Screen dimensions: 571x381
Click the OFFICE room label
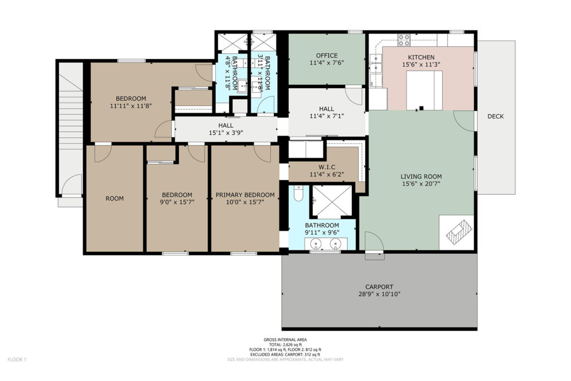coord(327,56)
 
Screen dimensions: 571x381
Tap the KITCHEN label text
coord(421,57)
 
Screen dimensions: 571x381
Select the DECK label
coord(496,116)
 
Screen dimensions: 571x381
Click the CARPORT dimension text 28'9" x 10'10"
coord(379,294)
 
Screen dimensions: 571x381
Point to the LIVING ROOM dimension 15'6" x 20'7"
coord(421,184)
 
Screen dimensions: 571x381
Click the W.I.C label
coord(327,167)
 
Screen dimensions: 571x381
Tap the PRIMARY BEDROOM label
coord(245,195)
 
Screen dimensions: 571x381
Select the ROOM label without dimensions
coord(114,199)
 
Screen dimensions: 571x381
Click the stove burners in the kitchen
coord(404,40)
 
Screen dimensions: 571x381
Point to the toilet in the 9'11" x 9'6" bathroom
coord(299,194)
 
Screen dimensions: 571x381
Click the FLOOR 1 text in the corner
coord(17,360)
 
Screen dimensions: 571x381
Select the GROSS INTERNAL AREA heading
coord(285,340)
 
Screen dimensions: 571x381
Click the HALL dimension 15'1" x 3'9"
coord(226,133)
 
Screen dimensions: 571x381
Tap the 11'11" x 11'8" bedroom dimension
coord(130,105)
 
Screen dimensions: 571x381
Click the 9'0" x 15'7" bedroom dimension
coord(177,202)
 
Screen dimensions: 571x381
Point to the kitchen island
coord(424,90)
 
